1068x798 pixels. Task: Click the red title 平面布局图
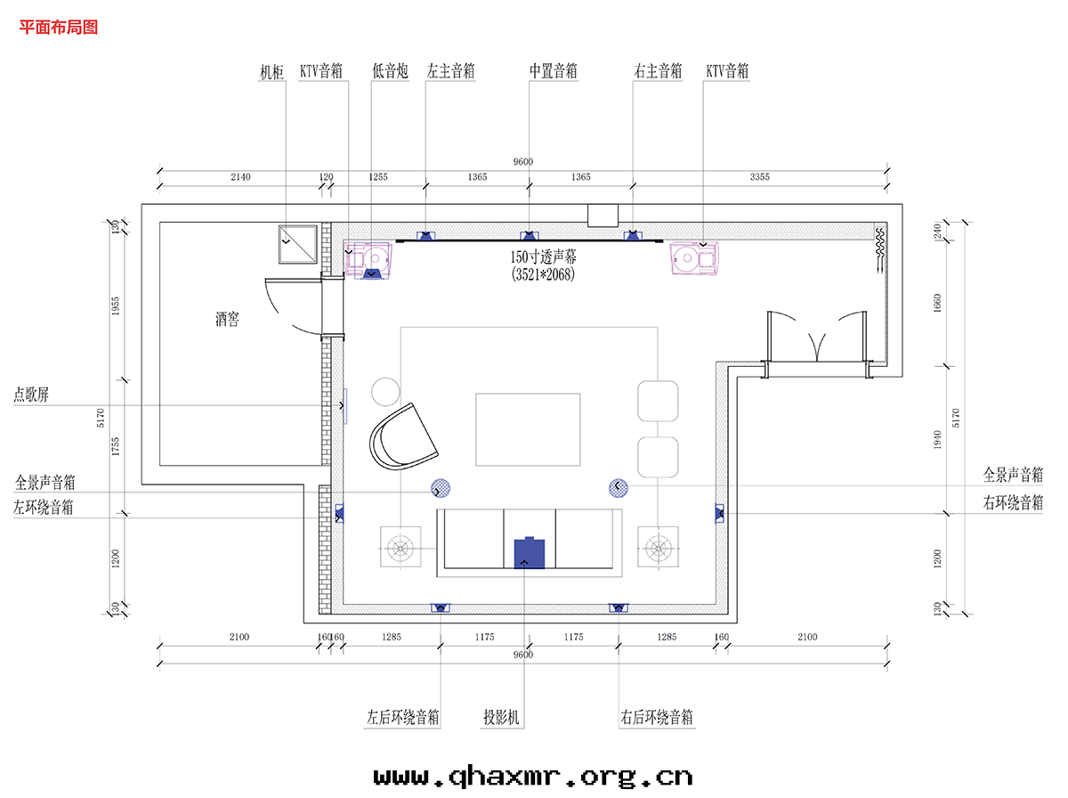coord(59,28)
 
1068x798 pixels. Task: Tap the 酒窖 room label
coord(227,319)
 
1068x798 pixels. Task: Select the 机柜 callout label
coord(271,72)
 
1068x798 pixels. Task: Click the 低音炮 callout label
coord(390,71)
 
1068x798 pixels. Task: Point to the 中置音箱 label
coord(554,71)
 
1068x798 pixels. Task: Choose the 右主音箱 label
coord(658,71)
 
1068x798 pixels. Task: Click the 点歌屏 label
coord(31,395)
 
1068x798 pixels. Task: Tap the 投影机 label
coord(501,717)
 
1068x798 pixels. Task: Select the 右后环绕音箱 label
coord(656,717)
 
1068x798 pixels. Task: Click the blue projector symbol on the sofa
coord(530,553)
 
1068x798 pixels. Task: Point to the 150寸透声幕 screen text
coord(543,256)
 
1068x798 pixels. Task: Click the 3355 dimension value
coord(759,176)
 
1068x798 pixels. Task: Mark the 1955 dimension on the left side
coord(116,305)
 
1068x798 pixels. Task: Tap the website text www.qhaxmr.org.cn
coord(533,776)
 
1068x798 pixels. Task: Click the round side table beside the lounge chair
coord(385,392)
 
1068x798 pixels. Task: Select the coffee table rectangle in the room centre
coord(528,429)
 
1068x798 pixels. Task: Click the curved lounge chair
coord(403,437)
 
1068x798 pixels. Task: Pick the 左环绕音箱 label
coord(44,508)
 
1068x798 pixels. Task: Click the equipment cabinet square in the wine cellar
coord(298,244)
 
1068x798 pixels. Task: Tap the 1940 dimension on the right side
coord(937,440)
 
